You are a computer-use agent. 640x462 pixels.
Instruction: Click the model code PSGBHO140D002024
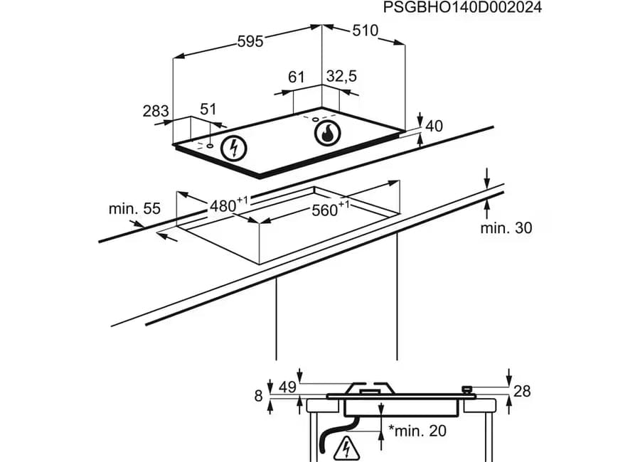pos(462,7)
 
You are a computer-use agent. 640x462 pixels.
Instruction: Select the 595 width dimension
pos(250,41)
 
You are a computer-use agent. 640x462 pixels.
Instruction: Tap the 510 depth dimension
pos(366,31)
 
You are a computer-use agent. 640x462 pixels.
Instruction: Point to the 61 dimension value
pos(297,77)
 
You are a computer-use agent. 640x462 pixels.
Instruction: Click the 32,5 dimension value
pos(341,76)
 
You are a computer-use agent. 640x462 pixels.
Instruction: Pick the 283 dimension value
pos(156,111)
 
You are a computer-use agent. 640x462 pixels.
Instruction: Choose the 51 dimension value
pos(208,109)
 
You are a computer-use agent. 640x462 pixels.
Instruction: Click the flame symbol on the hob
pos(327,134)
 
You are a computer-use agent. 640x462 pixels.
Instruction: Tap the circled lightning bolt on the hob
pos(234,148)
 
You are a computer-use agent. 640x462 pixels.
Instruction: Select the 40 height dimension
pos(434,126)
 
